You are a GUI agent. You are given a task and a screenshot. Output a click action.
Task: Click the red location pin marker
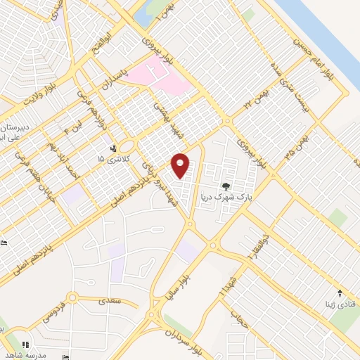pyautogui.click(x=181, y=165)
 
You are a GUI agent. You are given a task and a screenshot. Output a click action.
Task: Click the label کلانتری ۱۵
pyautogui.click(x=110, y=160)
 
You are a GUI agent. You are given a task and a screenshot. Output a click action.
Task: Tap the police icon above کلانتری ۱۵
pyautogui.click(x=113, y=148)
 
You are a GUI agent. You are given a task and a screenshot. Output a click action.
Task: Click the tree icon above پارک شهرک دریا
pyautogui.click(x=225, y=186)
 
